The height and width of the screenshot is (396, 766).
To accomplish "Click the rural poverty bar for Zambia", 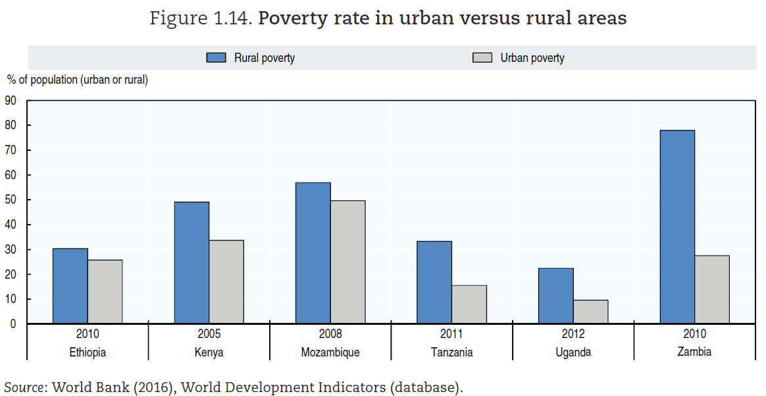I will (x=677, y=227).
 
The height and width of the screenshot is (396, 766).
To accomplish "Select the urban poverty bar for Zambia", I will (x=712, y=289).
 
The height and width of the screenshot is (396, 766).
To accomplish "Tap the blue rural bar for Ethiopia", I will (x=70, y=286).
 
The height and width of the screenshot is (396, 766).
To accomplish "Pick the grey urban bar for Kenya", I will (x=226, y=282).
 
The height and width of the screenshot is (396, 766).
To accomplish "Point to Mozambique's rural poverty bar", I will (x=313, y=253).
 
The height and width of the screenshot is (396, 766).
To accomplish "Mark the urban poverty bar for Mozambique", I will (x=347, y=262).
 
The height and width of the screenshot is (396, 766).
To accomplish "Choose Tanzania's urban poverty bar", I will (x=469, y=304).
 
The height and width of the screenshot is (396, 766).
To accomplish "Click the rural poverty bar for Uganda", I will (x=556, y=296).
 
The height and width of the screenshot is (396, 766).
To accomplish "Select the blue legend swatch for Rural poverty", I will (x=217, y=57).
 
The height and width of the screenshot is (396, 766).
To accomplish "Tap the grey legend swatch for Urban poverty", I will (x=482, y=57).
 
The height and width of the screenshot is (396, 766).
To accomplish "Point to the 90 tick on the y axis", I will (x=11, y=101).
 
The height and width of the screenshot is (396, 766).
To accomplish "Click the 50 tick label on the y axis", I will (x=11, y=200).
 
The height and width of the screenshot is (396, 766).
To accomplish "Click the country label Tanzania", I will (x=451, y=352).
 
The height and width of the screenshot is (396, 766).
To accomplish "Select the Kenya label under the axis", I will (x=209, y=352).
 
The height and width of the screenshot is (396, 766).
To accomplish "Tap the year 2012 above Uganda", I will (x=573, y=334).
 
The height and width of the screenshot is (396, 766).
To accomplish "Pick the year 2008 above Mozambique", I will (x=330, y=334).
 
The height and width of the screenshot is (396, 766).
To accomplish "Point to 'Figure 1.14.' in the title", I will (x=201, y=18).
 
